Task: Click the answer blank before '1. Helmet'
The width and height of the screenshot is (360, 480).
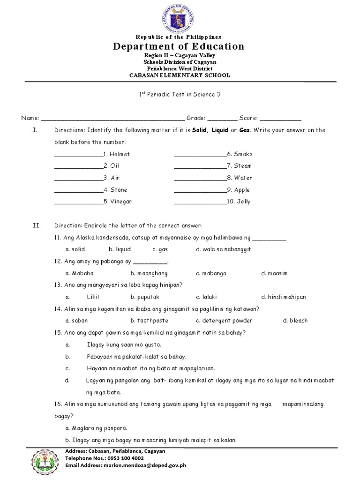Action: click(78, 154)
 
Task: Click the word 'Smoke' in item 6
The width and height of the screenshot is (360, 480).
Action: click(243, 154)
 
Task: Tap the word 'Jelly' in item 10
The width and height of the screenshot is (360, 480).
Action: click(244, 202)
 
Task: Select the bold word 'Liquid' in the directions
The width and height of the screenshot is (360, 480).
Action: click(219, 130)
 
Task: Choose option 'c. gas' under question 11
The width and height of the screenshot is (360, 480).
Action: click(160, 249)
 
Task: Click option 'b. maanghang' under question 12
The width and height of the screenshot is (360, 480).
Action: click(149, 273)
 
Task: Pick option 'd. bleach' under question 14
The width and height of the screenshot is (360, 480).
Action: click(295, 321)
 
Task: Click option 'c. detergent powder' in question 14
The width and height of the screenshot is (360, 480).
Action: click(224, 321)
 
